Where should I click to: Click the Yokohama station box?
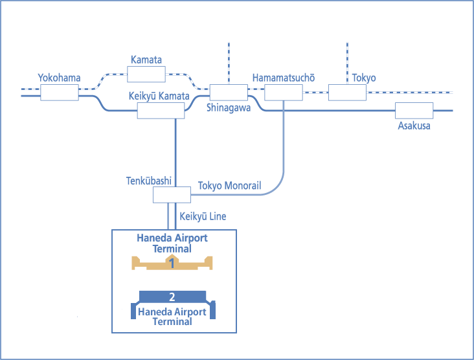tap(59, 93)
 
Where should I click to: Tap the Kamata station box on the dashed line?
tap(146, 74)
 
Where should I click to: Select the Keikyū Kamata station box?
tap(160, 110)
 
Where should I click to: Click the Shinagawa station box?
tap(229, 93)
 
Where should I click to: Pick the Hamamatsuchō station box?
tap(284, 93)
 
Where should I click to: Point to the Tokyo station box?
tap(347, 93)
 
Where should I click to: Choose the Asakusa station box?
tap(414, 111)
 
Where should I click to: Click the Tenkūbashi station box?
tap(172, 194)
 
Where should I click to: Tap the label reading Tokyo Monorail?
tap(229, 186)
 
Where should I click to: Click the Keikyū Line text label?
tap(203, 216)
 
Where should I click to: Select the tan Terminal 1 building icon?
tap(172, 262)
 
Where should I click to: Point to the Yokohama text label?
tap(59, 78)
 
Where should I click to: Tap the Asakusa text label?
tap(414, 126)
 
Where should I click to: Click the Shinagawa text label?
tap(229, 108)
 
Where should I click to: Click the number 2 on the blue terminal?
tap(172, 297)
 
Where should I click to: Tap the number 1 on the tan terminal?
tap(172, 263)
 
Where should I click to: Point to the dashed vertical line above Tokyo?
tap(347, 62)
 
